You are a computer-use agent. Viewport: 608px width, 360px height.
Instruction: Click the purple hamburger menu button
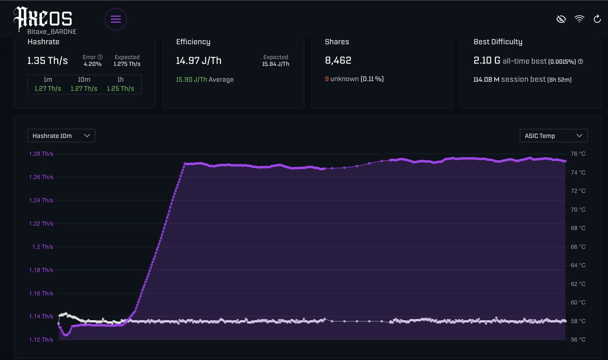116,19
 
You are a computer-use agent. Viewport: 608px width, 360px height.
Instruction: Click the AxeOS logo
43,18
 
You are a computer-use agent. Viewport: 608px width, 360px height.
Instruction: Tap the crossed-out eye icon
560,19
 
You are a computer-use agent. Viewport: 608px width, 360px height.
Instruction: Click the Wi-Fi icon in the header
579,19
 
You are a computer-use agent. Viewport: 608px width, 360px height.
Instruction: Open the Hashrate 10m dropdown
61,136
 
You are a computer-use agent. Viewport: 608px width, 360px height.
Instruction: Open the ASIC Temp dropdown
553,136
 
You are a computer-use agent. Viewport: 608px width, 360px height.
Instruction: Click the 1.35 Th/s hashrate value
47,61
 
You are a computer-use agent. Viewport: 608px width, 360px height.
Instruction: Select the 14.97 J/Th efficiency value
199,61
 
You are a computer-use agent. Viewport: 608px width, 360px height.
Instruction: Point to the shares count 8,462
338,60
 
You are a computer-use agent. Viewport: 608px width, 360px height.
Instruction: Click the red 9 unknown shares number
327,79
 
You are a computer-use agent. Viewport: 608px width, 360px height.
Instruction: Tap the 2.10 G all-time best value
486,61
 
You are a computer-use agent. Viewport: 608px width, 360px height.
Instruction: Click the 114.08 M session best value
486,80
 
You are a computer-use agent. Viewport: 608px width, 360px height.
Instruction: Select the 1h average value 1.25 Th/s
121,89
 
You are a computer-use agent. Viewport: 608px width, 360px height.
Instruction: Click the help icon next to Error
100,57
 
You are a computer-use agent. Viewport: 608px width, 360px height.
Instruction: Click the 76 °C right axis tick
578,154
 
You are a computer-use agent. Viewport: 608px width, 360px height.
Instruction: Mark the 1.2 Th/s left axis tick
43,247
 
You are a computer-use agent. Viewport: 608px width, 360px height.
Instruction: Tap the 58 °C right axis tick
578,321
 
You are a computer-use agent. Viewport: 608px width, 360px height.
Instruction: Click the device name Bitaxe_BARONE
52,31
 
